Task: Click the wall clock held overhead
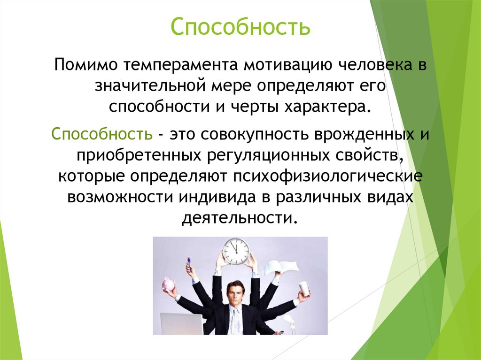pyautogui.click(x=236, y=251)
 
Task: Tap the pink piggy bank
pyautogui.click(x=168, y=284)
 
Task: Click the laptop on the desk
pyautogui.click(x=182, y=323)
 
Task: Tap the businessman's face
pyautogui.click(x=235, y=293)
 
